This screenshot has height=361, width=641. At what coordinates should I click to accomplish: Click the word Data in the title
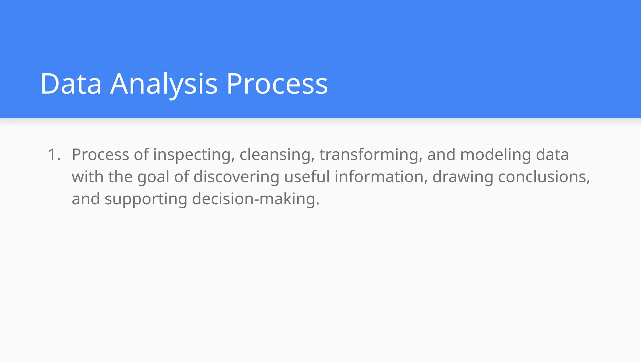tap(71, 84)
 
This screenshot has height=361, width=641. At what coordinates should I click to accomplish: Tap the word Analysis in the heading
tap(164, 84)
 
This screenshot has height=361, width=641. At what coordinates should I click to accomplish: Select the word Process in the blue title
tap(277, 84)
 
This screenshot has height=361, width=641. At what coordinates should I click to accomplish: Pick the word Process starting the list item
tap(100, 154)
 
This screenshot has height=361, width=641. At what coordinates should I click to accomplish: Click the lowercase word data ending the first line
tap(552, 154)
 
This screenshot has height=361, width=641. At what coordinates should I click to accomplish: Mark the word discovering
tap(236, 177)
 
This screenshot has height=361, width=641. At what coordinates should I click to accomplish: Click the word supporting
tap(146, 199)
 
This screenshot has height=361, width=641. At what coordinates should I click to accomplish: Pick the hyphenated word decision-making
tap(256, 199)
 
